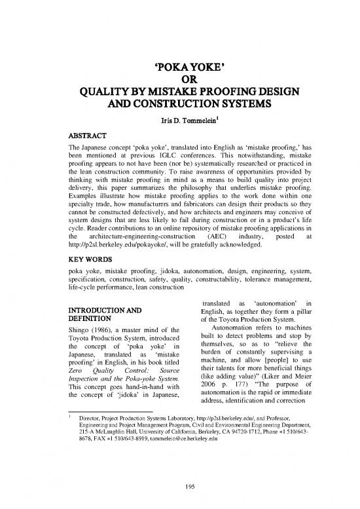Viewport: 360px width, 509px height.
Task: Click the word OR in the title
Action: pyautogui.click(x=179, y=80)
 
